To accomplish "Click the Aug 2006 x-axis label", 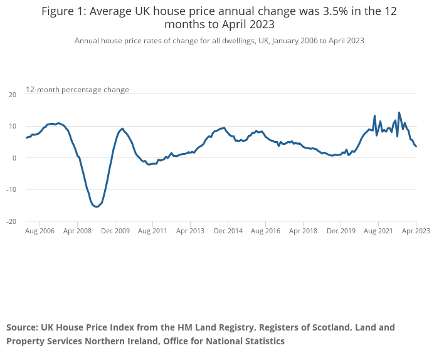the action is coord(40,231).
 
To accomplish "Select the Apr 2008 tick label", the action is coord(77,231).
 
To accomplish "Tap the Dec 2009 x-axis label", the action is coord(115,231).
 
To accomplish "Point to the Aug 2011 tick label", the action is coord(152,231).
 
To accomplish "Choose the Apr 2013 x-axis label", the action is coord(191,231).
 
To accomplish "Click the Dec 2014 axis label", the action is coord(228,231).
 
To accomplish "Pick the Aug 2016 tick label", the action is coord(265,231).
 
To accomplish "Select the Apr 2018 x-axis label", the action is coord(303,231).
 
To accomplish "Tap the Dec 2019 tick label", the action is coord(341,231).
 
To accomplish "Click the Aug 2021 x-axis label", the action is coord(379,231).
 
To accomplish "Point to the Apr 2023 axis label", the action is coord(416,231).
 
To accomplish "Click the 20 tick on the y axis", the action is coord(13,95).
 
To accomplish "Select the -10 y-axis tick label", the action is coord(11,189).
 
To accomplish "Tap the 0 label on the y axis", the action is coord(14,158).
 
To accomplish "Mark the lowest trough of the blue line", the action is coord(97,206).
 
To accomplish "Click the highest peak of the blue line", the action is coord(399,112).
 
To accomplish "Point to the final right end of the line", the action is coord(416,146).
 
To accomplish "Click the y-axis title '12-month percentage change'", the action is coord(77,90).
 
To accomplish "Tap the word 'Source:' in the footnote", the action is coord(22,327).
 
